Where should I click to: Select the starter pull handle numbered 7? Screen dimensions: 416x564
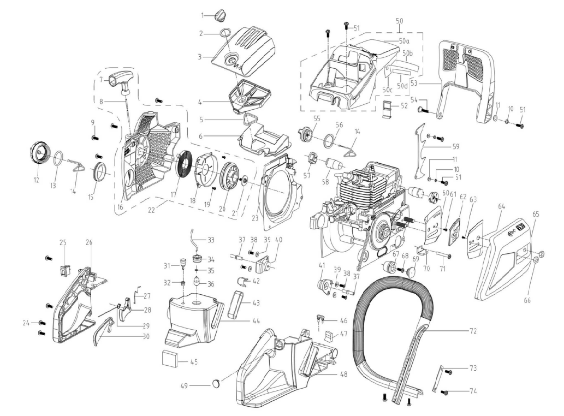point(120,82)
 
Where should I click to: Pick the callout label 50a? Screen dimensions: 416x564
point(404,41)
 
